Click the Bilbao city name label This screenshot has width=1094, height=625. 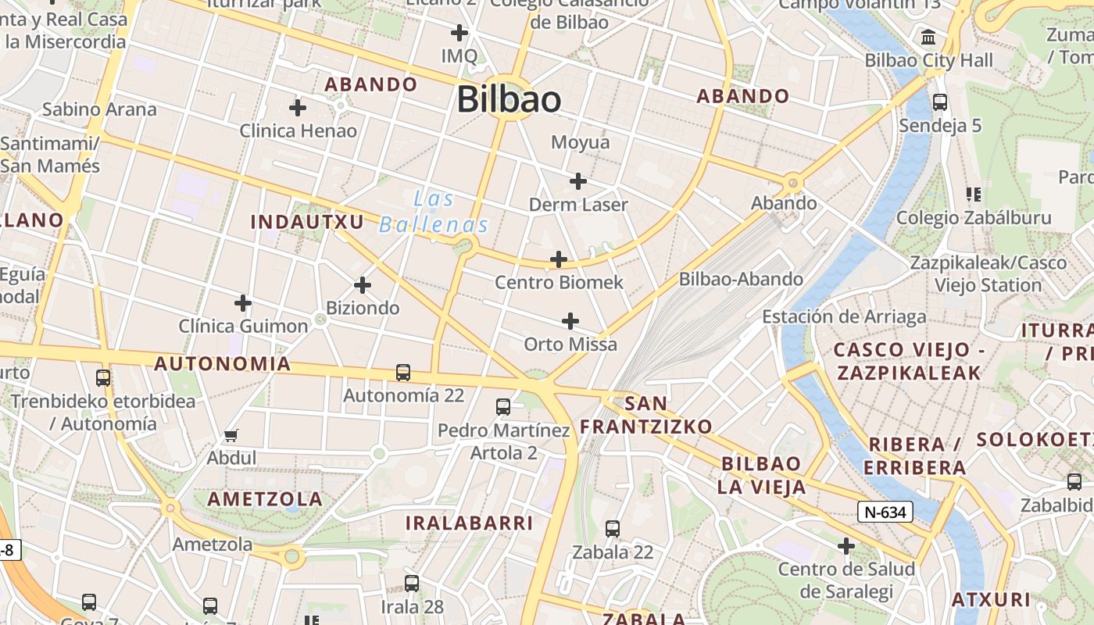click(509, 100)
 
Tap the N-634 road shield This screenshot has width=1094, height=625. click(885, 512)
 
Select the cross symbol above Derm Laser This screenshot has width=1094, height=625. click(578, 182)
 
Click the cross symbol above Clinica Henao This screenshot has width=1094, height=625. click(298, 108)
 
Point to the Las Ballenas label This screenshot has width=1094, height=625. click(434, 212)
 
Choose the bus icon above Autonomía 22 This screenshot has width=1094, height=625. click(403, 373)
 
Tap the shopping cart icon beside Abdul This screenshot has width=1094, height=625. click(231, 435)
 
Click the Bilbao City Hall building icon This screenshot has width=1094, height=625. click(929, 37)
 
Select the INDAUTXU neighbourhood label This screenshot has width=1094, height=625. click(307, 222)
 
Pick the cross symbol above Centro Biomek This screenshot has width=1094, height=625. click(559, 259)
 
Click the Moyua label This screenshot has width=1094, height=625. click(580, 142)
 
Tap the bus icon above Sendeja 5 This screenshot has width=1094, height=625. click(940, 102)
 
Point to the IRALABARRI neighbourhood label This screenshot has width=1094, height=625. click(469, 523)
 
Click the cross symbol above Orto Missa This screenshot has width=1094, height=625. click(570, 321)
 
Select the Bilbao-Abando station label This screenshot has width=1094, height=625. click(740, 279)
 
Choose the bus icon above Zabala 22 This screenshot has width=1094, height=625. click(613, 529)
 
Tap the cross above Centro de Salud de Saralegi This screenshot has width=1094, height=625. click(846, 546)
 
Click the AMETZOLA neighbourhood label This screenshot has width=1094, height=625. click(265, 498)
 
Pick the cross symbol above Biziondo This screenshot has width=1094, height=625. click(363, 285)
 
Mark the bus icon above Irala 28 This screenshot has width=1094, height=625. click(412, 583)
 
